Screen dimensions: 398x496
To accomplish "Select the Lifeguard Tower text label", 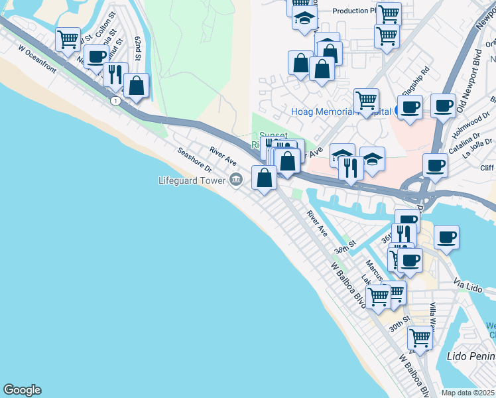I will pos(192,180).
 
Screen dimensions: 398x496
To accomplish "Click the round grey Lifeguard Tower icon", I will pos(236,180).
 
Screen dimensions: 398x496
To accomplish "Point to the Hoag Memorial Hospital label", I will pos(340,112).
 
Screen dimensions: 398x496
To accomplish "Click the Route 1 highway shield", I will pos(115,100).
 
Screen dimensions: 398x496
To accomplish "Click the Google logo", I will pos(22,390).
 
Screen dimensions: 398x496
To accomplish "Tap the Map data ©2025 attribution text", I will pos(468,393).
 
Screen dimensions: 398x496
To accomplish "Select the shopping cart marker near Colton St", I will pos(68,40).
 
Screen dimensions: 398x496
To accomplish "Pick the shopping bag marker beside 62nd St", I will pos(137,86).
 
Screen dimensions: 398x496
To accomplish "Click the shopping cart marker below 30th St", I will pos(420,338).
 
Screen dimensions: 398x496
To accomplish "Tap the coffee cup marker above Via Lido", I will pos(447,237).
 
